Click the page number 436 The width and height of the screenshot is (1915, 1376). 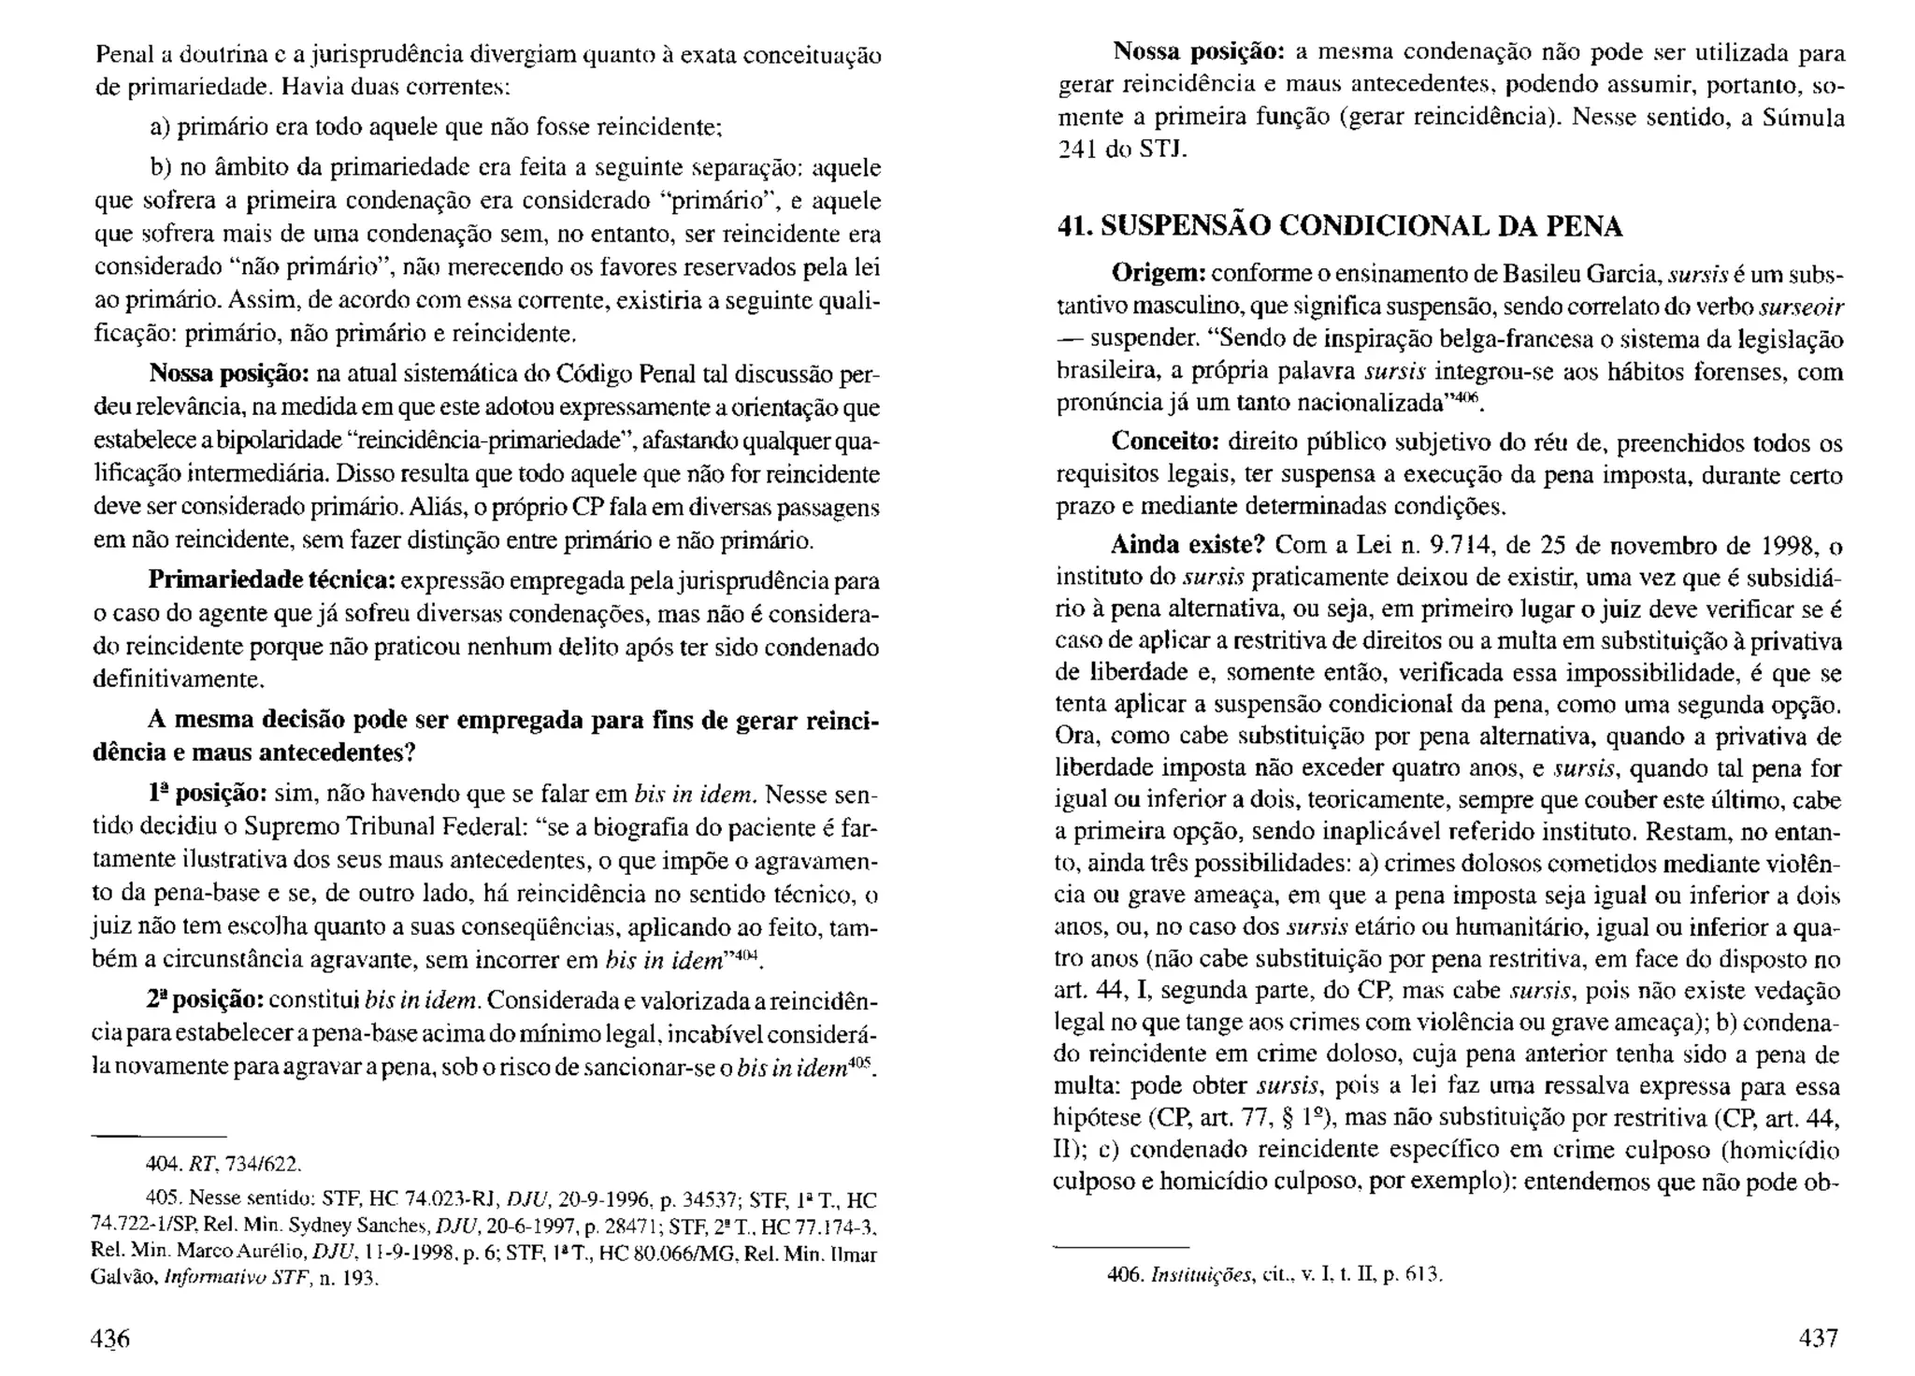point(110,1338)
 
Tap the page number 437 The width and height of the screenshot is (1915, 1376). point(1819,1337)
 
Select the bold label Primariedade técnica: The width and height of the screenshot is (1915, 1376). point(271,581)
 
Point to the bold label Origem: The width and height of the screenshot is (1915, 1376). point(1158,275)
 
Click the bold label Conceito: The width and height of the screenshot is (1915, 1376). point(1164,442)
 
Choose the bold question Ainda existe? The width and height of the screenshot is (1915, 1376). point(1187,545)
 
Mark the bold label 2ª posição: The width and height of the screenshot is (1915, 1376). point(206,1000)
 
